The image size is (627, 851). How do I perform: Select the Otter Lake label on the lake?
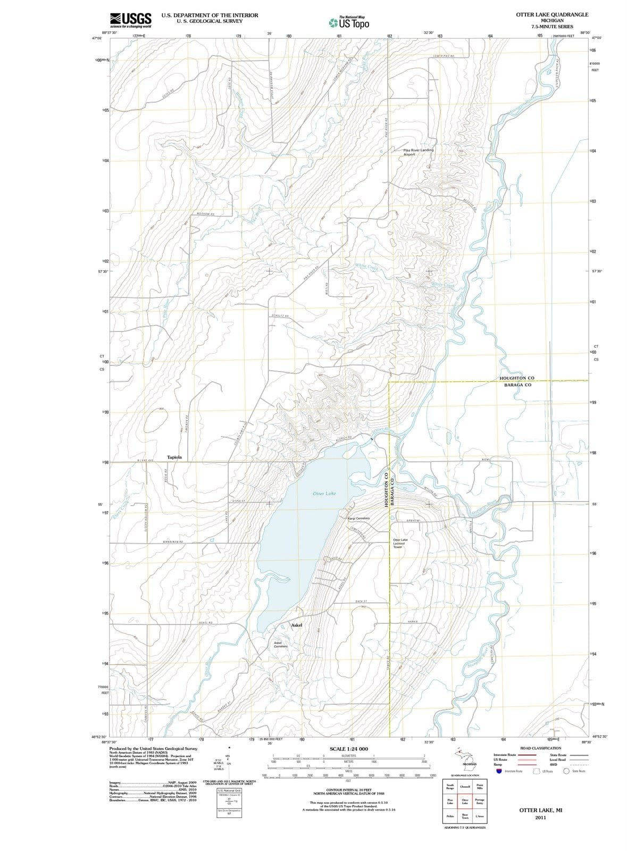click(x=324, y=494)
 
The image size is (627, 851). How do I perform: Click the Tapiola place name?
click(x=174, y=457)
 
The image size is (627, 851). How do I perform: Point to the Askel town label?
click(x=296, y=625)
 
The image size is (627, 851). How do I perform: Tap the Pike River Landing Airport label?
click(x=418, y=152)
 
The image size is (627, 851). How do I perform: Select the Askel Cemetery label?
click(x=280, y=645)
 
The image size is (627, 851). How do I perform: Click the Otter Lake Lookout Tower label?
click(x=400, y=543)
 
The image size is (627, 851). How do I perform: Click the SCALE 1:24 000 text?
click(x=348, y=749)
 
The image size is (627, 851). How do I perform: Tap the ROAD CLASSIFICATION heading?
click(x=540, y=748)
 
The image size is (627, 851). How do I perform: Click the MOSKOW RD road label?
click(x=205, y=214)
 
